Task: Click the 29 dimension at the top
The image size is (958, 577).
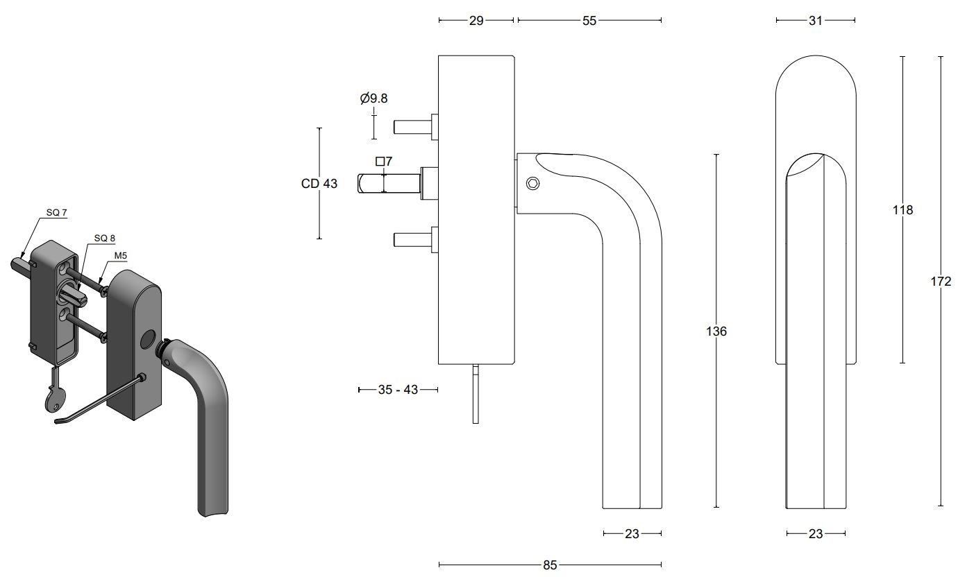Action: click(x=476, y=21)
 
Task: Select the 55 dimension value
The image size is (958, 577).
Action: click(x=589, y=21)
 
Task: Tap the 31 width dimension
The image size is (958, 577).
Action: click(x=816, y=21)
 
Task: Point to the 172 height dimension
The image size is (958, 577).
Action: click(x=941, y=282)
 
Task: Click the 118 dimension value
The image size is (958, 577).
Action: click(x=902, y=209)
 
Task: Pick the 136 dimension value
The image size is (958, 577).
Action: click(x=716, y=331)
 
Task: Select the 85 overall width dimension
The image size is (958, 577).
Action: click(x=550, y=565)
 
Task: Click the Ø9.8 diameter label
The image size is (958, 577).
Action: click(x=374, y=98)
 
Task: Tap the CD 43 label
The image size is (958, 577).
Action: click(x=319, y=184)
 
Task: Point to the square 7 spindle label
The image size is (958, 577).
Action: click(x=384, y=162)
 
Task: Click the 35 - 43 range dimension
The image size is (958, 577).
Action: click(x=398, y=390)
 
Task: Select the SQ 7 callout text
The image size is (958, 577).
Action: click(x=57, y=212)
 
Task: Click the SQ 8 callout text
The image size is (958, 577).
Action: click(x=105, y=238)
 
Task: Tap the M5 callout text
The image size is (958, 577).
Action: click(x=121, y=255)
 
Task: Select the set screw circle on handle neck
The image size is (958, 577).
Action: click(x=532, y=183)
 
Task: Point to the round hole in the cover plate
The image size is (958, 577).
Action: click(x=147, y=340)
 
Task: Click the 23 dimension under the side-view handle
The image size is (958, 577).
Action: click(x=632, y=533)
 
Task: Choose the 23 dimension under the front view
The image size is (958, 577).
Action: click(x=816, y=533)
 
